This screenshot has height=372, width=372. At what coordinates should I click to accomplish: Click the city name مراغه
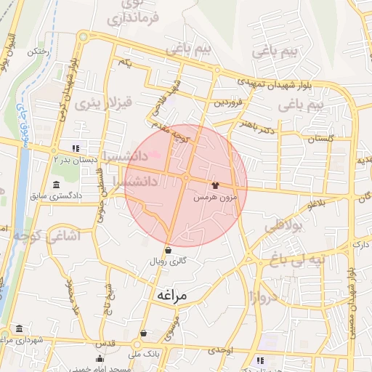tap(171, 296)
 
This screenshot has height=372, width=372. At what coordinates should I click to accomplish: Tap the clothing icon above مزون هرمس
tap(214, 185)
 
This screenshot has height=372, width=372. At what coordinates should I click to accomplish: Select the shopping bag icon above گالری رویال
tap(169, 250)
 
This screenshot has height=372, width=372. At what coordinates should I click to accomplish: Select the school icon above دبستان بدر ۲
tap(75, 148)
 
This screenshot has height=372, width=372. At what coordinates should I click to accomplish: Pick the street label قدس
tap(107, 341)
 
